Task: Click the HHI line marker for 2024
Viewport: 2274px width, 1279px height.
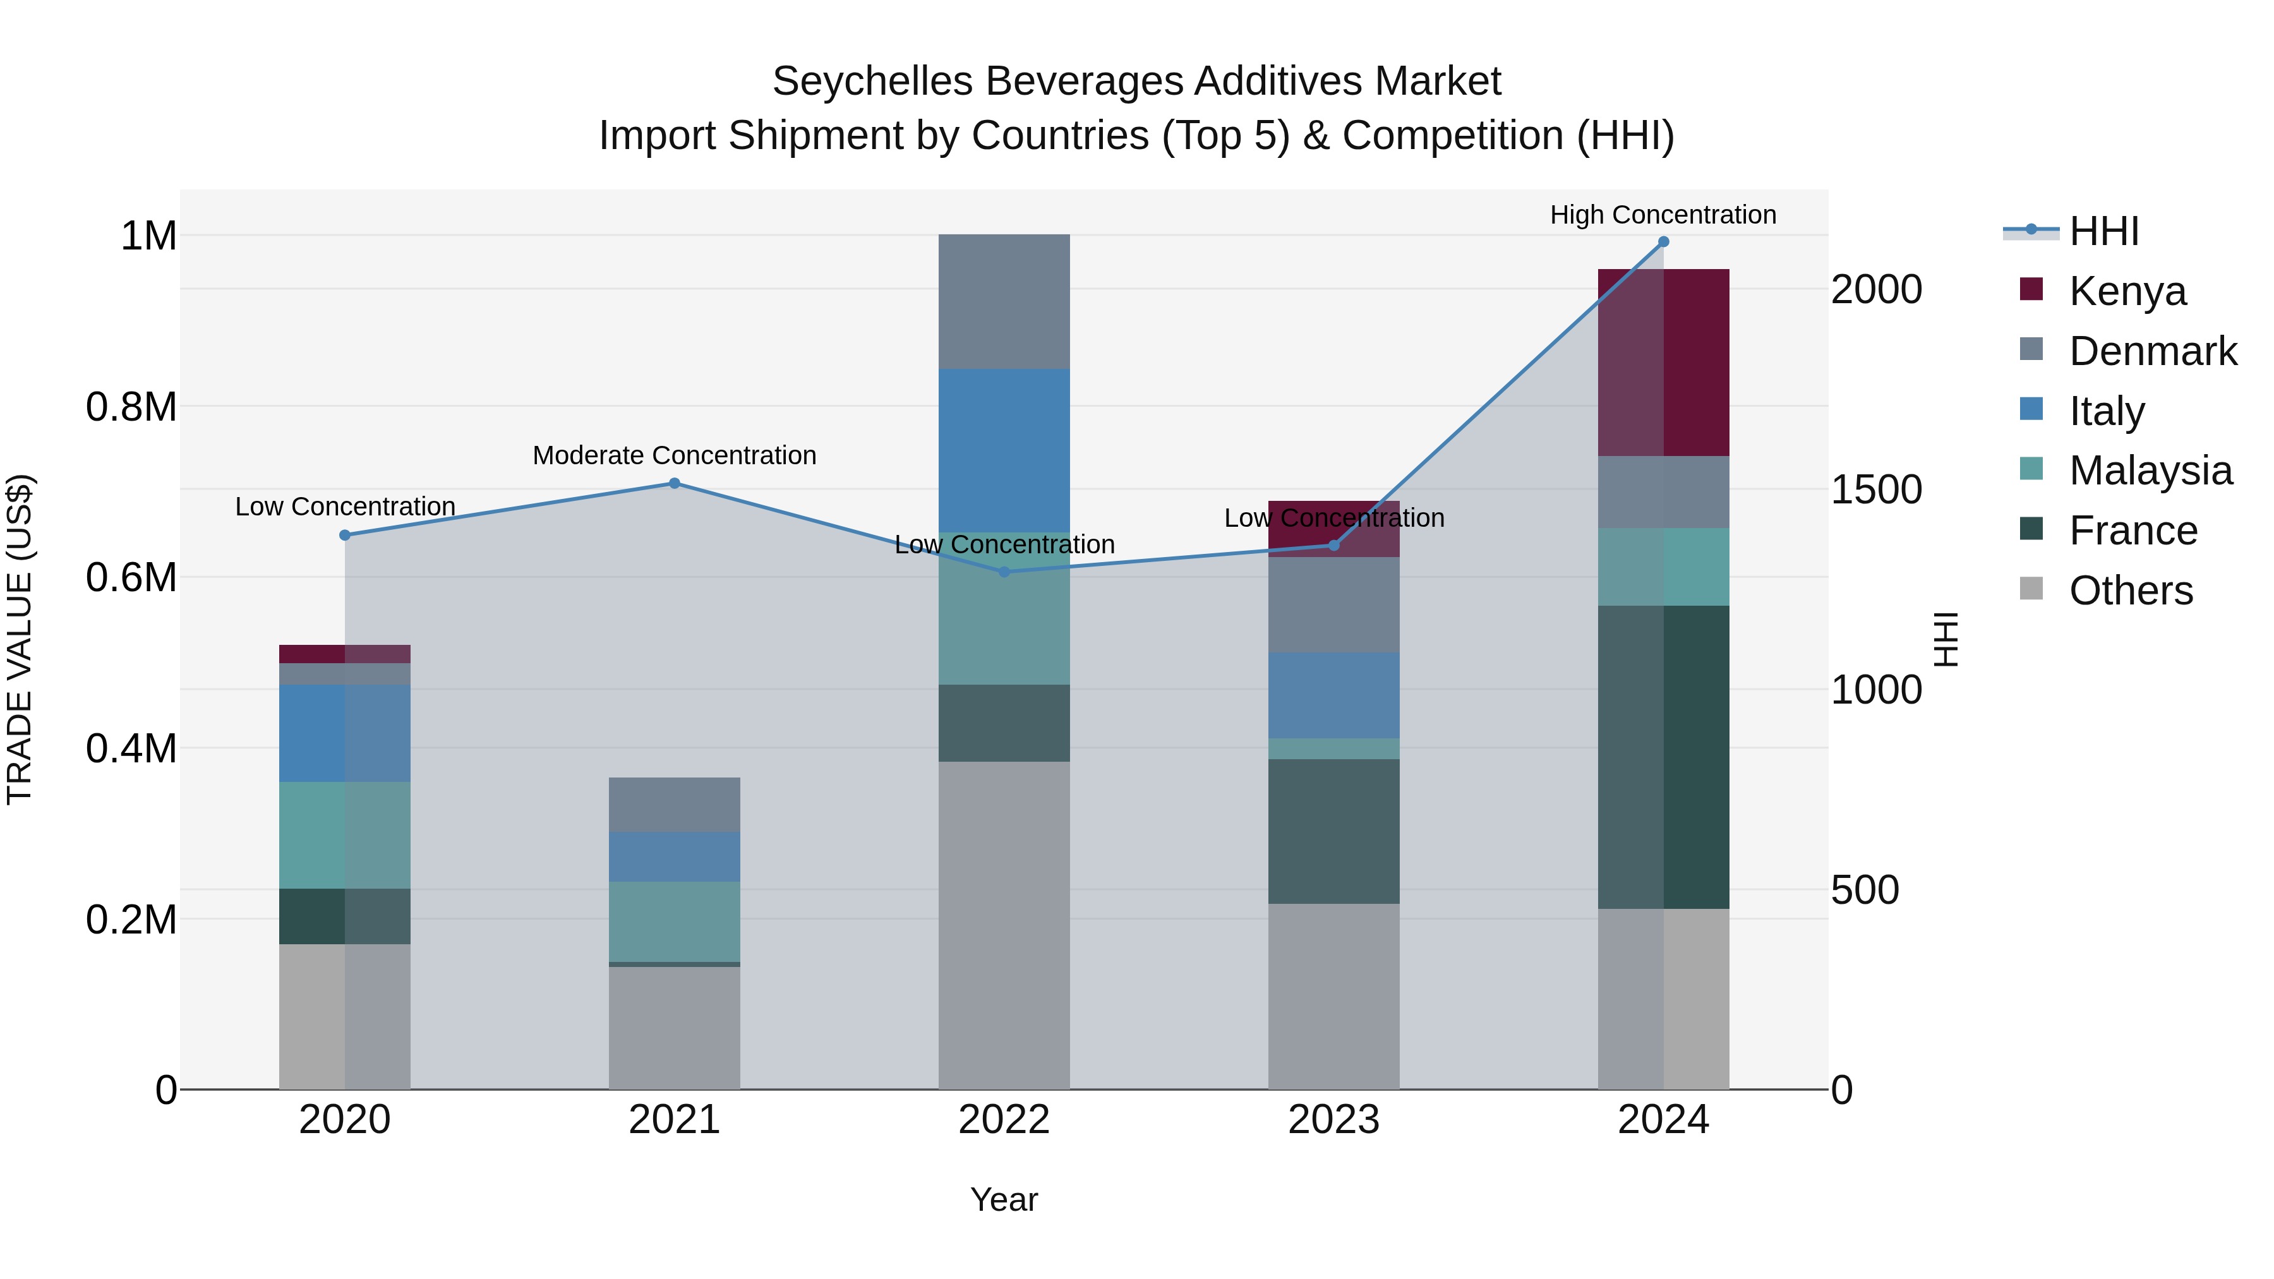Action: pyautogui.click(x=1663, y=242)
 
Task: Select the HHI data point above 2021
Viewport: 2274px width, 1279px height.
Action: pyautogui.click(x=675, y=483)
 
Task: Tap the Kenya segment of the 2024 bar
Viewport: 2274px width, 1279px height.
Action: pyautogui.click(x=1663, y=362)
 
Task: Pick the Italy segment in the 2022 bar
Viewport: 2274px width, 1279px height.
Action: pyautogui.click(x=1004, y=450)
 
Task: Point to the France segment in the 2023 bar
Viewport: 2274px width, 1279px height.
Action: pyautogui.click(x=1333, y=831)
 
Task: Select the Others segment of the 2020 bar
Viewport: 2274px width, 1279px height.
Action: pyautogui.click(x=344, y=1016)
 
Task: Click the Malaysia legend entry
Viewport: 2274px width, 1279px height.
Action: pyautogui.click(x=2150, y=471)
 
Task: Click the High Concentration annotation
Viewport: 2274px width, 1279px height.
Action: pyautogui.click(x=1663, y=215)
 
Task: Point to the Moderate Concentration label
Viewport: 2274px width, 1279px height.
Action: pyautogui.click(x=675, y=455)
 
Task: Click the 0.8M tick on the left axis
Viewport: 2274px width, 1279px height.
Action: pyautogui.click(x=131, y=407)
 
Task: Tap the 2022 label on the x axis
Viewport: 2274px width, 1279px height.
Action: pyautogui.click(x=1004, y=1119)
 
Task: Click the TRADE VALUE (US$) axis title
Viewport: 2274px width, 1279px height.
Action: pyautogui.click(x=20, y=639)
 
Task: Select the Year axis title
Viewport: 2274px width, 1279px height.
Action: pyautogui.click(x=1004, y=1199)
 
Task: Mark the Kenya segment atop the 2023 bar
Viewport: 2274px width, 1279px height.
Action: pyautogui.click(x=1333, y=529)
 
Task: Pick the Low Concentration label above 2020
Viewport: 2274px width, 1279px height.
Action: pyautogui.click(x=344, y=507)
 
